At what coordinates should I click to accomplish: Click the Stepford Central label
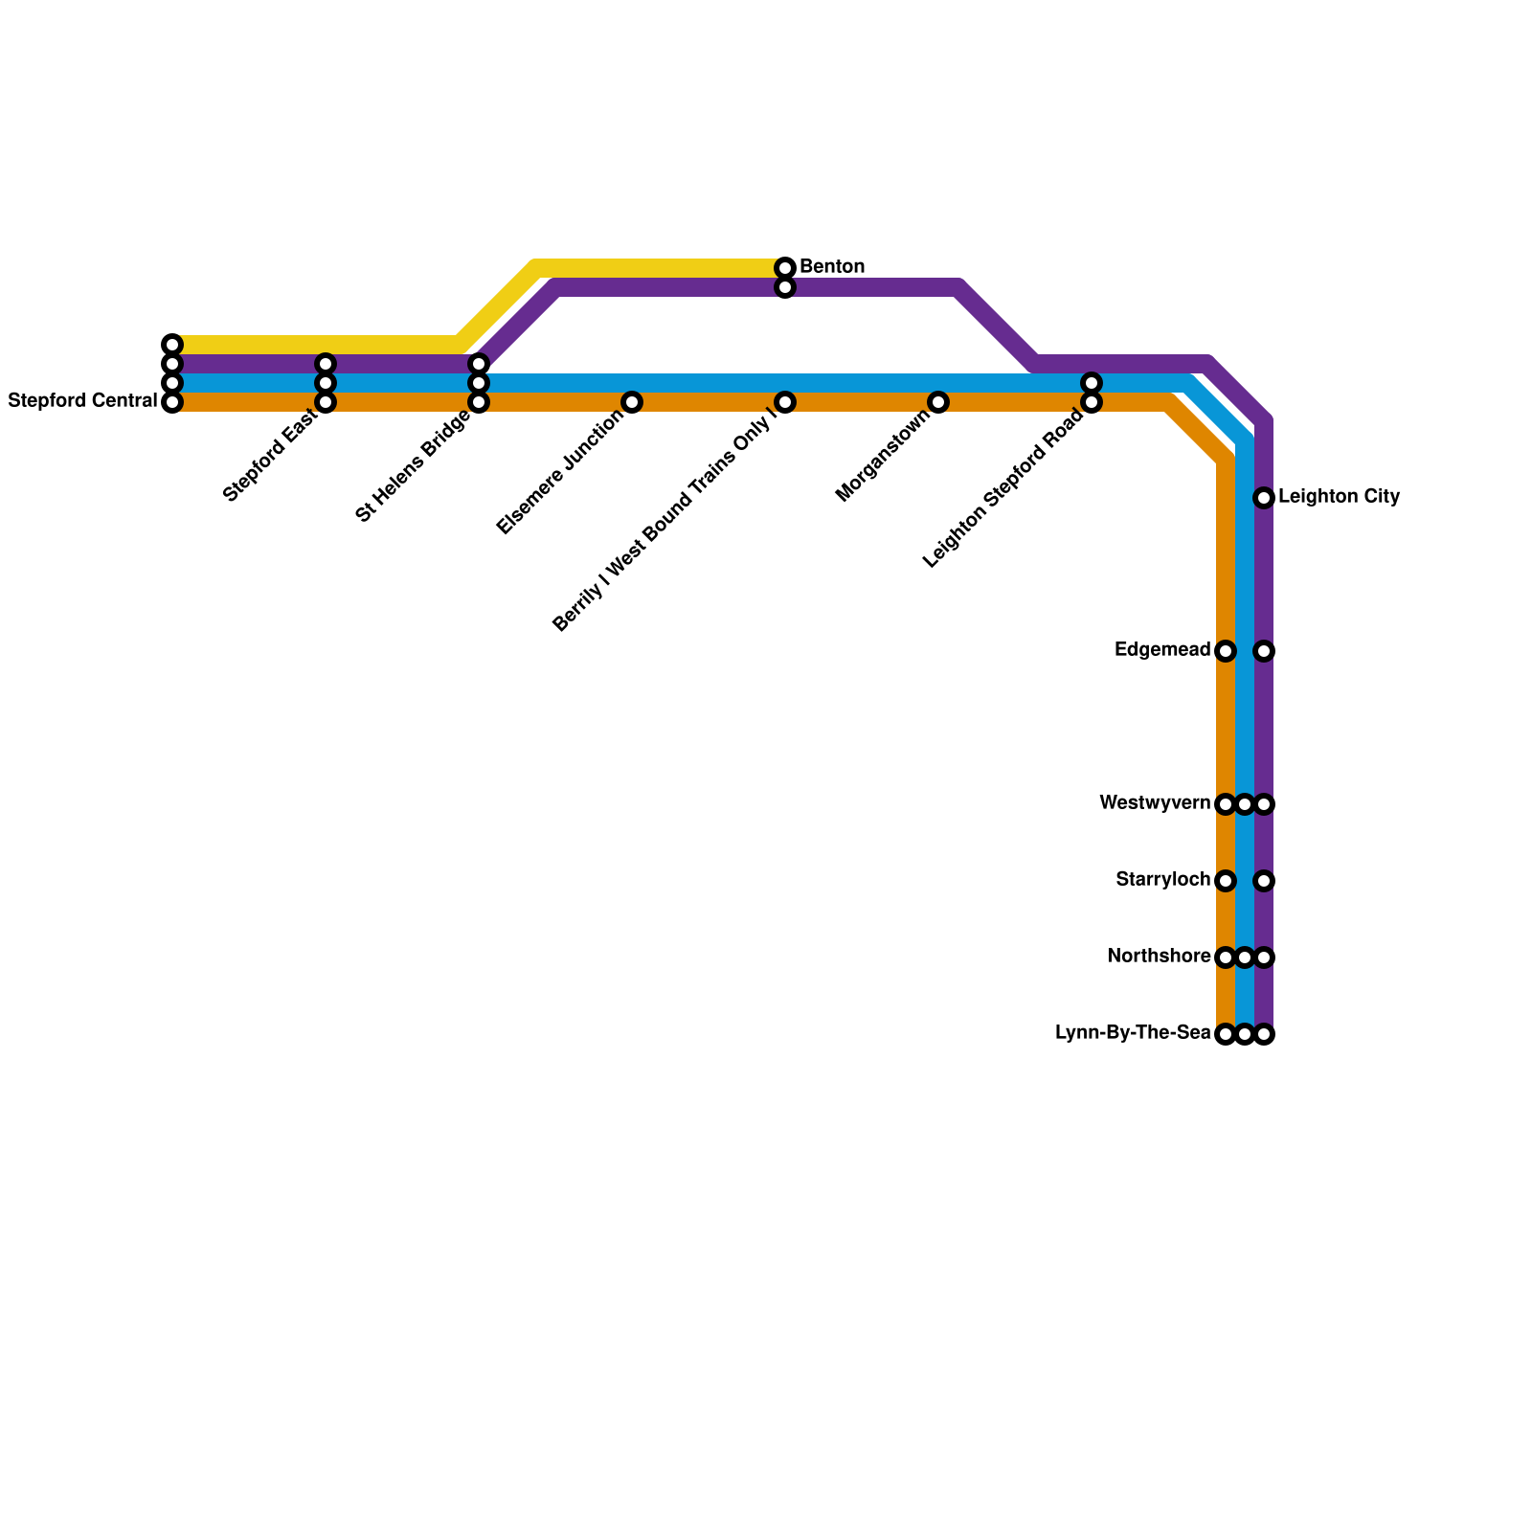tap(82, 401)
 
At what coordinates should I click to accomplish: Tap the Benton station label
tap(832, 266)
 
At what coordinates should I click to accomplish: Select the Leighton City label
tap(1339, 497)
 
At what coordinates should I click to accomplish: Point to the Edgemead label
tap(1162, 650)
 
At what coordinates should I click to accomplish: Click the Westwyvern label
tap(1155, 803)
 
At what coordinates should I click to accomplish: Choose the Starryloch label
tap(1162, 880)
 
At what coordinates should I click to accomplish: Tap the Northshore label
tap(1159, 957)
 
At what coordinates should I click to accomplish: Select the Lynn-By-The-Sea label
tap(1133, 1033)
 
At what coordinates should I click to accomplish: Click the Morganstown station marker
tap(938, 402)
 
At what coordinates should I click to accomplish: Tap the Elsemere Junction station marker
tap(632, 402)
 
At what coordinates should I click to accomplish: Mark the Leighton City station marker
tap(1264, 498)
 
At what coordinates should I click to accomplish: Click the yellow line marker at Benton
tap(785, 267)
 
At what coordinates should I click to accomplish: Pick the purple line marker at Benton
tap(785, 287)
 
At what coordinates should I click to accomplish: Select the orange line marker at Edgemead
tap(1226, 651)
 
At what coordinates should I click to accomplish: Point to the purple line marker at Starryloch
tap(1264, 881)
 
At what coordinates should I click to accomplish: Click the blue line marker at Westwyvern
tap(1245, 804)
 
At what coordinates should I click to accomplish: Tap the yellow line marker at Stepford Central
tap(172, 345)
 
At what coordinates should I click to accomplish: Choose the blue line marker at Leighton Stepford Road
tap(1092, 383)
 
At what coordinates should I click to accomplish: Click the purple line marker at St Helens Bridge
tap(479, 364)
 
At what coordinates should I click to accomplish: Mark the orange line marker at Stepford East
tap(326, 402)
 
